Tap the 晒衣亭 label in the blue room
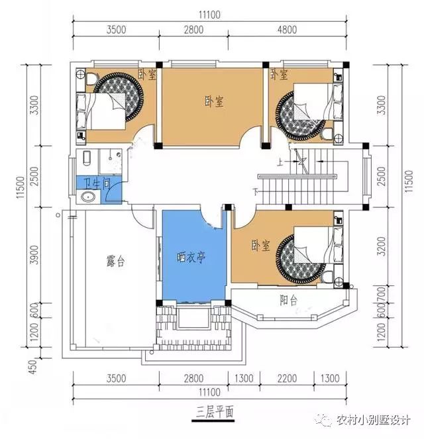click(x=191, y=257)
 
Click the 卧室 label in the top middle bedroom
click(x=213, y=102)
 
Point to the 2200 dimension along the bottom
click(x=289, y=379)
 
